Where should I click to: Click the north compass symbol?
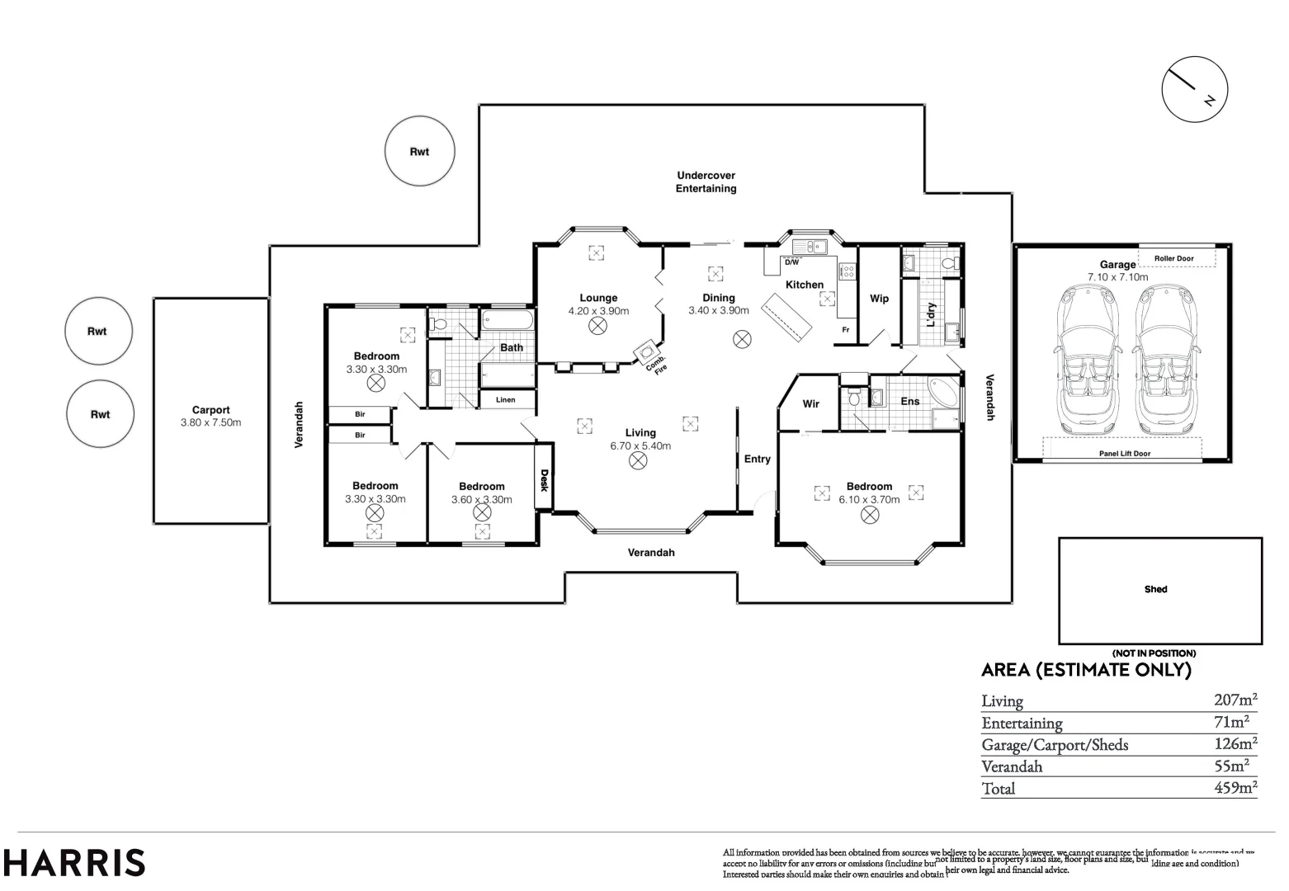click(x=1194, y=90)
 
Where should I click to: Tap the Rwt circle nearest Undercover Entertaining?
click(x=419, y=152)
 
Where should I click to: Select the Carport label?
click(x=210, y=410)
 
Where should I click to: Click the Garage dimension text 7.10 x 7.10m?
click(x=1117, y=277)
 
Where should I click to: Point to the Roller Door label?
click(x=1173, y=258)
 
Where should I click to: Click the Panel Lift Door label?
click(x=1124, y=453)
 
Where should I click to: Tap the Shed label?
click(x=1155, y=589)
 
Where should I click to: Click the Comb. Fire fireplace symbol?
click(x=644, y=352)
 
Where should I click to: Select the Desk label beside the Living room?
click(x=544, y=480)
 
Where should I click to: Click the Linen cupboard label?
click(x=505, y=400)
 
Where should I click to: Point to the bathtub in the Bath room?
click(x=507, y=319)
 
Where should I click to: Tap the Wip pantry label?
click(x=879, y=299)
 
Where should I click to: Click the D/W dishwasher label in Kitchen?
click(x=791, y=262)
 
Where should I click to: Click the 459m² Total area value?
click(x=1235, y=787)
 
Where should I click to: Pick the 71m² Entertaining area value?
click(x=1237, y=722)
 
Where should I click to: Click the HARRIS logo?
click(x=75, y=863)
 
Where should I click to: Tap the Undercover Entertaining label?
click(x=706, y=181)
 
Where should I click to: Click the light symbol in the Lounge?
click(x=597, y=327)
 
